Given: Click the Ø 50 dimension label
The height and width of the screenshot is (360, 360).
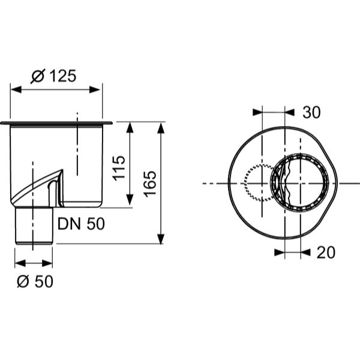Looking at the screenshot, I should coord(35,280).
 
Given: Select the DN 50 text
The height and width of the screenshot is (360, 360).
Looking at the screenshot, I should coord(81,224).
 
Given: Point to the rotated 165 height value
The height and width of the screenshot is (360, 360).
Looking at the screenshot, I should coord(150,184).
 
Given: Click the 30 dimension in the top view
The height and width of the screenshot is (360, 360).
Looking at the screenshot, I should coord(311,112).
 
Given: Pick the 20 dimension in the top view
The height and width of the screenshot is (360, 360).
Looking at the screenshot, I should coord(326,253).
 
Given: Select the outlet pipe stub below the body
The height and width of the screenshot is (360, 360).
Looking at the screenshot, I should coord(34,226).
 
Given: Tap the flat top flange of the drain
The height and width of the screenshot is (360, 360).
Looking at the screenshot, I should coord(56,123).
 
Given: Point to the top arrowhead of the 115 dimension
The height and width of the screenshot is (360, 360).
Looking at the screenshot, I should coord(130,127).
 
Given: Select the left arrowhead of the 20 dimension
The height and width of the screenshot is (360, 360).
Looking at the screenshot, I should coord(280,253).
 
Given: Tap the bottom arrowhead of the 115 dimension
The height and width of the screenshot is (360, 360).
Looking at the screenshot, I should coord(130,202).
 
